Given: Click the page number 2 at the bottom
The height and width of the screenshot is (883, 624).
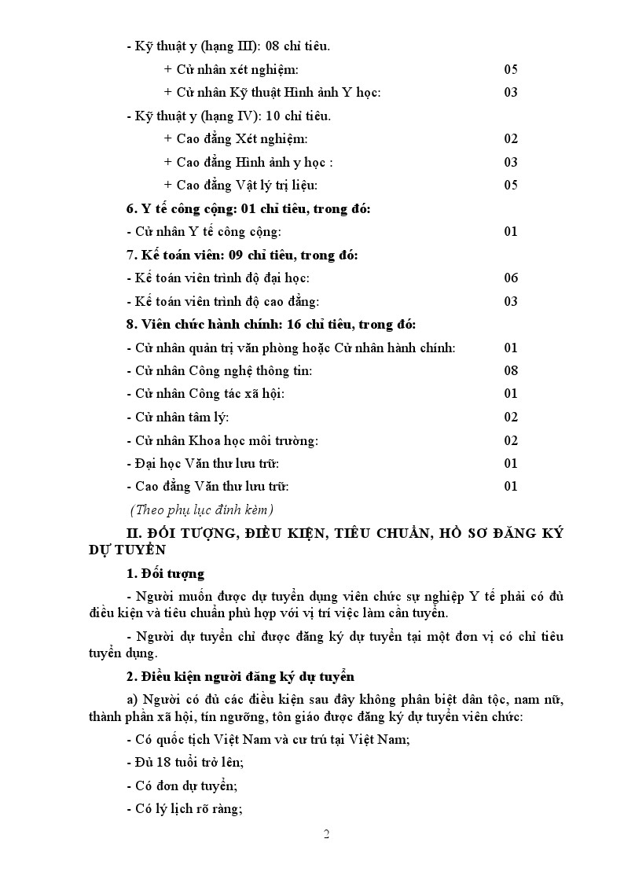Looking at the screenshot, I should [x=326, y=834].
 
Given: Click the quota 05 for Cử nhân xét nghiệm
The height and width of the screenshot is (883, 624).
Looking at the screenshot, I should [x=511, y=70].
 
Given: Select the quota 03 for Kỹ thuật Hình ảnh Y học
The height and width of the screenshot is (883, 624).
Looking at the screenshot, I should [x=511, y=93].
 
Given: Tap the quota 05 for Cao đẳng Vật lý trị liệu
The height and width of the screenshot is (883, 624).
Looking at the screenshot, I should [x=511, y=186].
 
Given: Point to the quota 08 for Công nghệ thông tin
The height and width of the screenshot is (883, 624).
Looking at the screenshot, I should [x=511, y=371].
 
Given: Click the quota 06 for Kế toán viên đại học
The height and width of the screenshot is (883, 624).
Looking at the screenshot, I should [x=511, y=278].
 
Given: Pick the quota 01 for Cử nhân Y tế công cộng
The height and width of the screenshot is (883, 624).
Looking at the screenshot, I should [x=511, y=232].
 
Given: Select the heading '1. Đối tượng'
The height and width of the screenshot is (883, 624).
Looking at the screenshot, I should [x=165, y=573].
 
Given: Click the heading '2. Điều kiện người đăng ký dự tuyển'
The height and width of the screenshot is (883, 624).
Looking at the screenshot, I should [x=240, y=676].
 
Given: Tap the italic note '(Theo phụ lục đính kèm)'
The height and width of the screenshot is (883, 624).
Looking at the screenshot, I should [x=202, y=510].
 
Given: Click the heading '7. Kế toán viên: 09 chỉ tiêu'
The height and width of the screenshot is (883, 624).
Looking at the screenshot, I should [x=242, y=256].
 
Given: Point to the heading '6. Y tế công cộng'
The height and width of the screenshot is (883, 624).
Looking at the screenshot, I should [x=248, y=209].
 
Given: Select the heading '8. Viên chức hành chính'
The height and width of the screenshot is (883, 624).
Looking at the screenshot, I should [x=271, y=325].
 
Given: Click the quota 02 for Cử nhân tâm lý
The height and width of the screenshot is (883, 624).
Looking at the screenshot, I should [x=511, y=418].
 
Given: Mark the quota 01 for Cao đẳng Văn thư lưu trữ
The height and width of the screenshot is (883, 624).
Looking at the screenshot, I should [x=511, y=487].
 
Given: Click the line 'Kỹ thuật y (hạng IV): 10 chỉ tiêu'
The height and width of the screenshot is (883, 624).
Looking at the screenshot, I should [x=229, y=116].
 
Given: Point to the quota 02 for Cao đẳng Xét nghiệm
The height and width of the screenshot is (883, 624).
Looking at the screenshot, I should [x=511, y=139].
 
